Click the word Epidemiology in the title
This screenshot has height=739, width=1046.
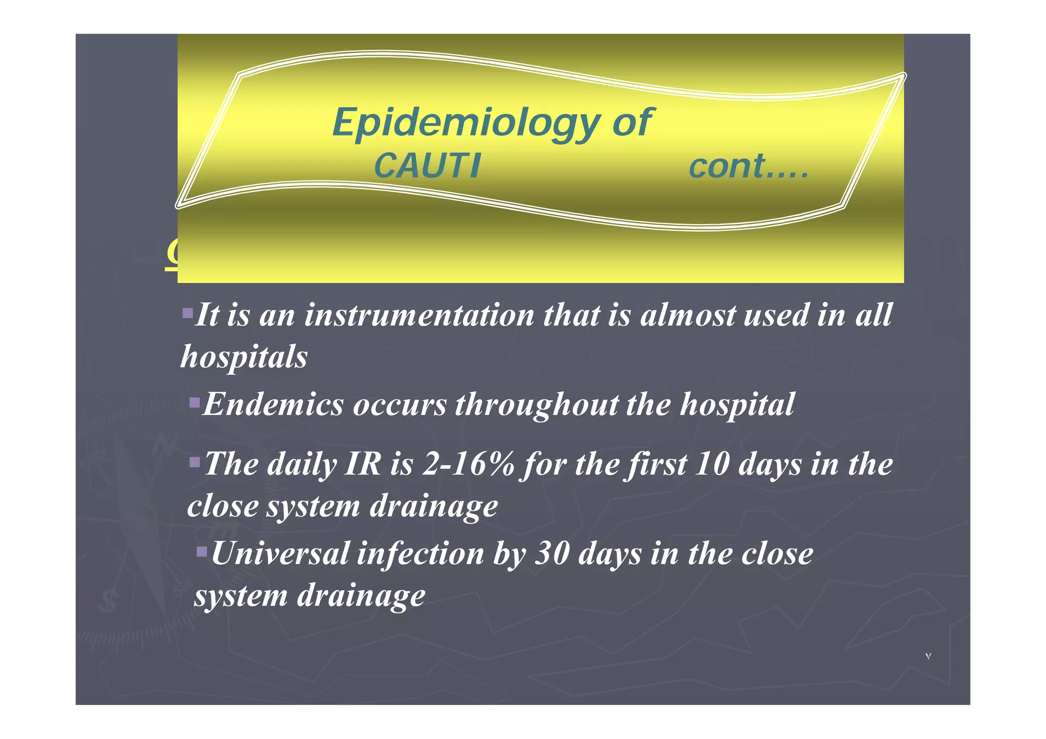click(465, 124)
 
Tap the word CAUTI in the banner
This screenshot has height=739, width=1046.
click(427, 166)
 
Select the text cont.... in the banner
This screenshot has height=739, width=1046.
click(749, 166)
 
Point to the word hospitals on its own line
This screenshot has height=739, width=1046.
click(244, 356)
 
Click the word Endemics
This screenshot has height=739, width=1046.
click(273, 404)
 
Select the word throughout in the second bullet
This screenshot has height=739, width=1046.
click(536, 404)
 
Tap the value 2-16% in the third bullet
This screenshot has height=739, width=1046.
click(468, 464)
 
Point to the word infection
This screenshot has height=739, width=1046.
click(420, 554)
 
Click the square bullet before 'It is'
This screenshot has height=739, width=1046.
click(187, 312)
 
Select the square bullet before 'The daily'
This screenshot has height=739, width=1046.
click(195, 463)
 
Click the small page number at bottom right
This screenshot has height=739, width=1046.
click(928, 656)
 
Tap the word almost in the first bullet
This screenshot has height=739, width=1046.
click(687, 315)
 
